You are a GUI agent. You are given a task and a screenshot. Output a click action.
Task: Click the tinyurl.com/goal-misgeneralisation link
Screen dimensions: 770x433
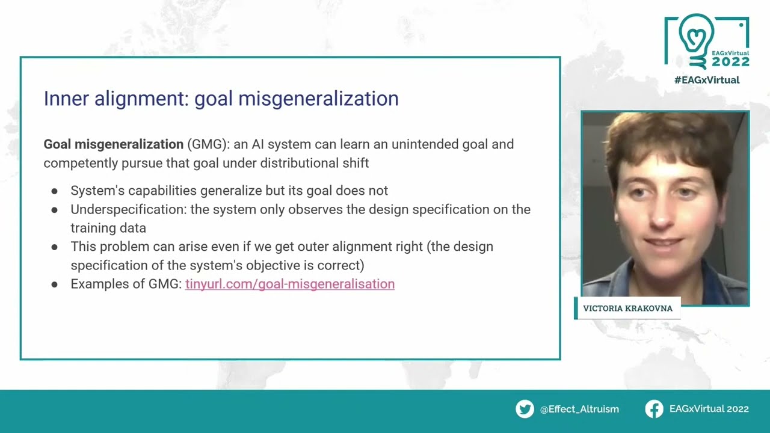pyautogui.click(x=290, y=284)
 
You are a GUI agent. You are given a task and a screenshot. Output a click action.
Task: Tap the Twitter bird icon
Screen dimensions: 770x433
pyautogui.click(x=525, y=409)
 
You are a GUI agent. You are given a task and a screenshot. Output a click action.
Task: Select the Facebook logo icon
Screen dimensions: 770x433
pyautogui.click(x=654, y=409)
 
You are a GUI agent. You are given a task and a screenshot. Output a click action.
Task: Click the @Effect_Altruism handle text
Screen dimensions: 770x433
pyautogui.click(x=579, y=410)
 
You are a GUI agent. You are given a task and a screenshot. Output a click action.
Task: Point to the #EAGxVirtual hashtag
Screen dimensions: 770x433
pyautogui.click(x=707, y=80)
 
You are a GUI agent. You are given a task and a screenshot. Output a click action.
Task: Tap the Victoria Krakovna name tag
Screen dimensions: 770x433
pyautogui.click(x=627, y=309)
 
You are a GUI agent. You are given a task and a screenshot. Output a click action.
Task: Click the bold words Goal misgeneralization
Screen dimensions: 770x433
pyautogui.click(x=114, y=144)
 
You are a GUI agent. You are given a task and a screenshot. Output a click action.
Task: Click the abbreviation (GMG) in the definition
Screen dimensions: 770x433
pyautogui.click(x=208, y=144)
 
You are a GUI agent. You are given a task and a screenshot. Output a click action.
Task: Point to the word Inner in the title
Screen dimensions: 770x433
pyautogui.click(x=66, y=98)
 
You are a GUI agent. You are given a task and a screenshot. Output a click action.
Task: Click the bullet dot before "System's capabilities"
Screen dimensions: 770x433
pyautogui.click(x=54, y=191)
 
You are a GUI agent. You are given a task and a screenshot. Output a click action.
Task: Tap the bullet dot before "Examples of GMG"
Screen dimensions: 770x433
pyautogui.click(x=54, y=284)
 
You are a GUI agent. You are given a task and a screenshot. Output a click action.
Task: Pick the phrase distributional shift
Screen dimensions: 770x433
pyautogui.click(x=314, y=163)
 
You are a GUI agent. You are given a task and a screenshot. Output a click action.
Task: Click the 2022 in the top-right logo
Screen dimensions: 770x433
pyautogui.click(x=730, y=62)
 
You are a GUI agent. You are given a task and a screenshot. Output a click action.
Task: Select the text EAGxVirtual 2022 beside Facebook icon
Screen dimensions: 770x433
pyautogui.click(x=709, y=409)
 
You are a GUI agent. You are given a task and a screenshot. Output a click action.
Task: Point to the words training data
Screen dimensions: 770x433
pyautogui.click(x=108, y=228)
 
